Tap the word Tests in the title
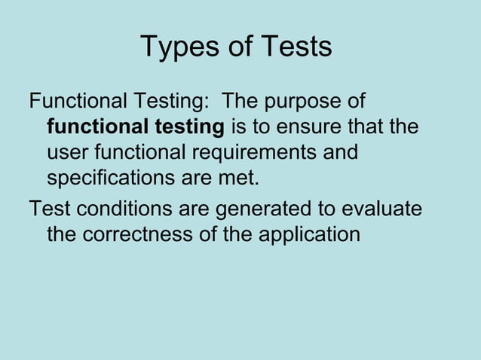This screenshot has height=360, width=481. tap(296, 47)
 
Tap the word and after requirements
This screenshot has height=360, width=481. tap(340, 153)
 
